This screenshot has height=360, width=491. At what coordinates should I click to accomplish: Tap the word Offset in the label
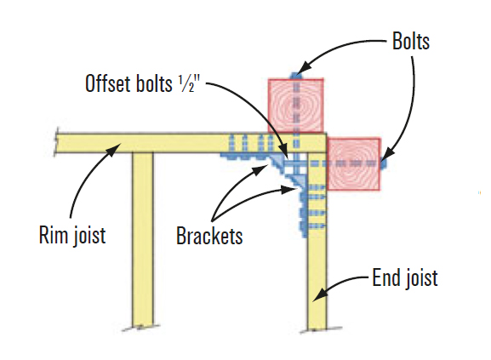pos(106,84)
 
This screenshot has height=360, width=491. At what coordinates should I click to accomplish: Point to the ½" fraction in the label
pos(192,84)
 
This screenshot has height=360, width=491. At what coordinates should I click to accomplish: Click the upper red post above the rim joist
pos(297,106)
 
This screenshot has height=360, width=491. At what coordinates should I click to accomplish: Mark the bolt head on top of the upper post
pos(296,76)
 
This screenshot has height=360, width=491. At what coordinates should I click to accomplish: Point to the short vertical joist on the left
pos(142,238)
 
